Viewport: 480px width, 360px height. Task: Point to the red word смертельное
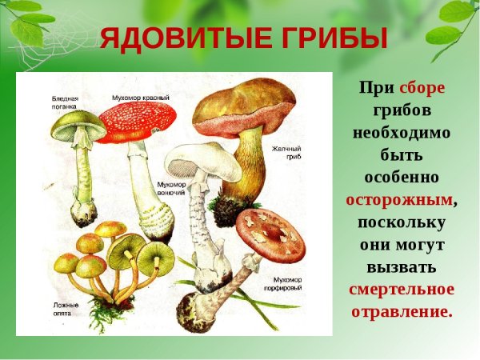[x=402, y=289]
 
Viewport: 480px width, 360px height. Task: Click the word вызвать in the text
[x=402, y=266]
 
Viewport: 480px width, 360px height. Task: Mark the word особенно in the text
[x=402, y=177]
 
